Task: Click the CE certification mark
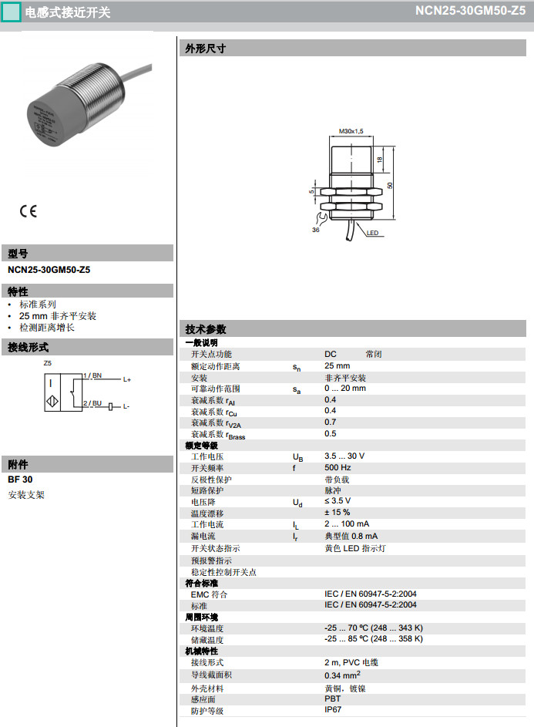pyautogui.click(x=29, y=211)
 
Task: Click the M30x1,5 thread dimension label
pyautogui.click(x=351, y=132)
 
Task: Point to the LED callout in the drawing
pyautogui.click(x=372, y=233)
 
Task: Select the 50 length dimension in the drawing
pyautogui.click(x=391, y=185)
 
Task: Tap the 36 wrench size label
pyautogui.click(x=316, y=230)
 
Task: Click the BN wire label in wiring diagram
pyautogui.click(x=97, y=375)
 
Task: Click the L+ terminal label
pyautogui.click(x=127, y=380)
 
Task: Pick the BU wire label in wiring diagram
pyautogui.click(x=97, y=402)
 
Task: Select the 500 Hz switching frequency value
pyautogui.click(x=338, y=468)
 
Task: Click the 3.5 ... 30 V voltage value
pyautogui.click(x=344, y=456)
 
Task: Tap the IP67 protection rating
pyautogui.click(x=333, y=709)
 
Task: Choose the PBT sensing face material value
pyautogui.click(x=332, y=698)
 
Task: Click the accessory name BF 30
pyautogui.click(x=20, y=480)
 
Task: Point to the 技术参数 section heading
pyautogui.click(x=206, y=329)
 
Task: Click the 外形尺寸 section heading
pyautogui.click(x=206, y=49)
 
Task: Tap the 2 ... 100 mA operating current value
pyautogui.click(x=347, y=524)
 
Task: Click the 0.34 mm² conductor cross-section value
pyautogui.click(x=343, y=675)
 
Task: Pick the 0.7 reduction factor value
pyautogui.click(x=330, y=422)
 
